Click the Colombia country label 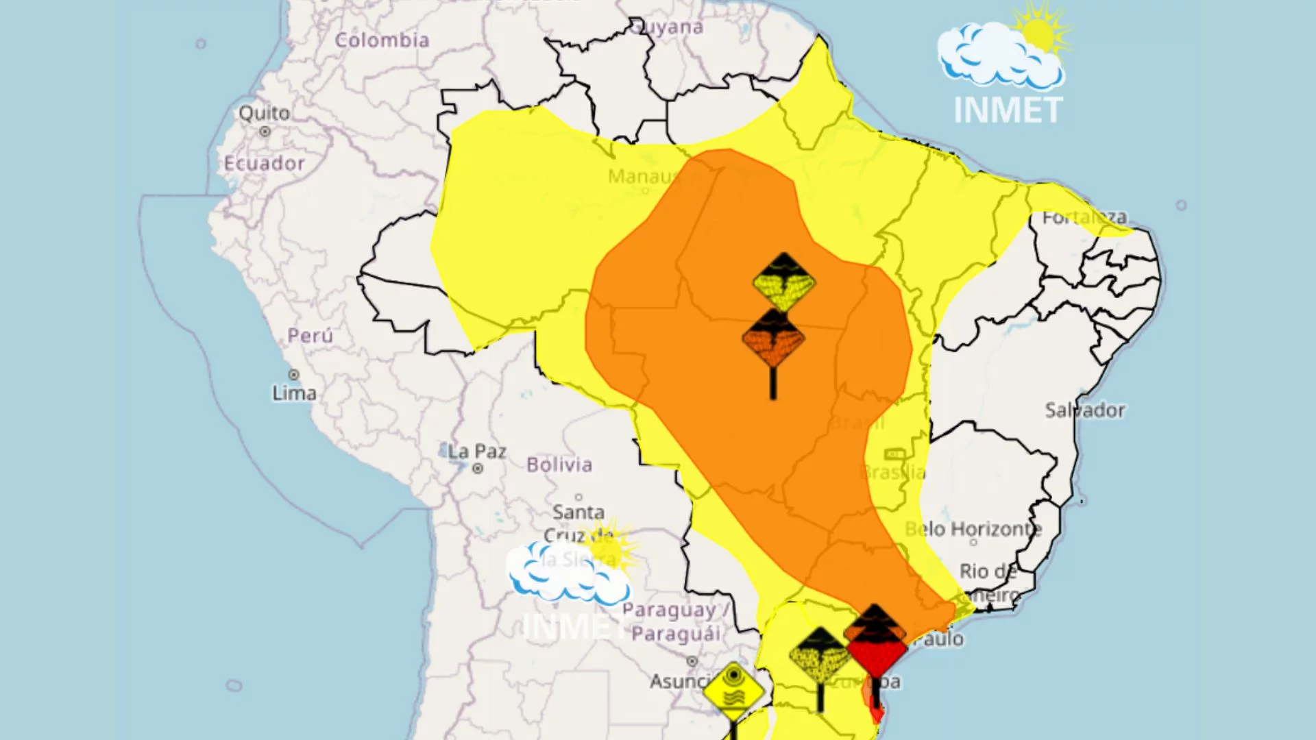coord(382,40)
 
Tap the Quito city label coord(264,113)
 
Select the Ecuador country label coord(264,163)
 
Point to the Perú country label coord(310,336)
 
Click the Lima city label coord(294,393)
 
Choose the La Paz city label coord(477,452)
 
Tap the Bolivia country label coord(559,465)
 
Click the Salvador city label coord(1084,410)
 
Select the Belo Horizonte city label coord(973,528)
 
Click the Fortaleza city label coord(1084,217)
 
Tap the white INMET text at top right coord(1008,110)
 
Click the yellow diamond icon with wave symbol coord(733,691)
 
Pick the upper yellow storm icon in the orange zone coord(783,282)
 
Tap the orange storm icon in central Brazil coord(774,339)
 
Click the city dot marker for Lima coord(294,375)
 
